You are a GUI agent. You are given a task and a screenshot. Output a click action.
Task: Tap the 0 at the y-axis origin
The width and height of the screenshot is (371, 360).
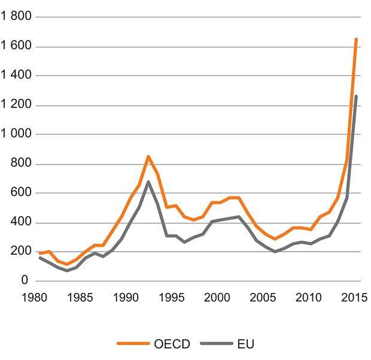27,281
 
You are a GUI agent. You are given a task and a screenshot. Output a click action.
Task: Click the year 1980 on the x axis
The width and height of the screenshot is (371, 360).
34,297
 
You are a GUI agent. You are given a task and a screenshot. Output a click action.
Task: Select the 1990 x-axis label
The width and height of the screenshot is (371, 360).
125,297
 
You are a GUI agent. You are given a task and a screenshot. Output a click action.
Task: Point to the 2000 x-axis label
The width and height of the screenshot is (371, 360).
217,297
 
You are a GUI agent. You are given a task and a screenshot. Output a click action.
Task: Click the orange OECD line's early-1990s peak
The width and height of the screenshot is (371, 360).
148,156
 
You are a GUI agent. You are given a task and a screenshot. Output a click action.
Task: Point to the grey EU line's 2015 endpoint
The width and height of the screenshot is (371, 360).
357,96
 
